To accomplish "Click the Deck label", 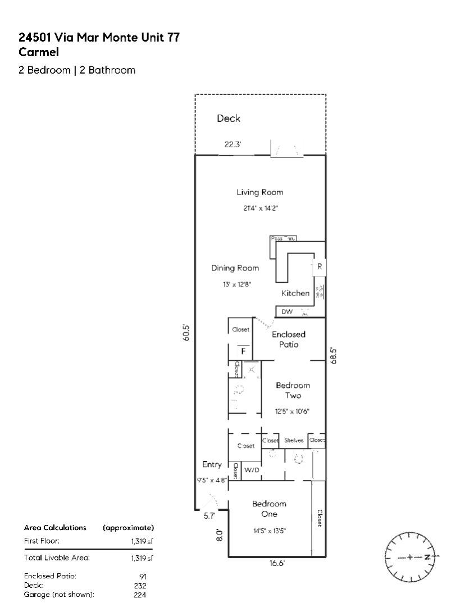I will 229,119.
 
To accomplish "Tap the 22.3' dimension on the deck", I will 233,145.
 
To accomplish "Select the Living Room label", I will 259,192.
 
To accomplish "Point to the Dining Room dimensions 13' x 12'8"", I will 236,284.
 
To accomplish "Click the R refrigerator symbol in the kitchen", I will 320,267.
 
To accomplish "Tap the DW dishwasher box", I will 287,312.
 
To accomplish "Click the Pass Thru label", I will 283,239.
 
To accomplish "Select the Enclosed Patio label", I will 289,339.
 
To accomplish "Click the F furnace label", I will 243,351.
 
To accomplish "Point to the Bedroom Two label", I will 293,390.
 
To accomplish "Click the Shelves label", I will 293,441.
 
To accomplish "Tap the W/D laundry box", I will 252,470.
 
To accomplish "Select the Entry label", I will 212,465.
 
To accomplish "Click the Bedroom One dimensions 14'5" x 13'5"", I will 269,531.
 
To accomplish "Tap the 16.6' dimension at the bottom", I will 273,563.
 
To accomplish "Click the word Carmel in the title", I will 39,52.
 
